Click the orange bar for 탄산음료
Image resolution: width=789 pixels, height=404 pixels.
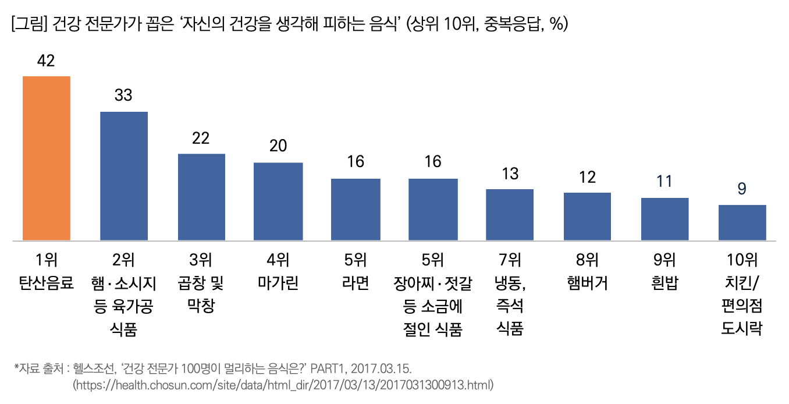click(46, 158)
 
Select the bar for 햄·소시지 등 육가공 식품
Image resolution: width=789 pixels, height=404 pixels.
click(124, 175)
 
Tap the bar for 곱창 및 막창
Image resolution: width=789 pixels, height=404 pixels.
click(201, 196)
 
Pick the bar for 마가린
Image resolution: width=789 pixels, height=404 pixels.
click(278, 201)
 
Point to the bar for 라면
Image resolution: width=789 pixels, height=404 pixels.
click(356, 209)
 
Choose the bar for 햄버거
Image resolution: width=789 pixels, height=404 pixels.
click(587, 216)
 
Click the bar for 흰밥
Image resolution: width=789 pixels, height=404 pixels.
click(664, 218)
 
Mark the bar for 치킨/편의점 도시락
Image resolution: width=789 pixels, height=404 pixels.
click(742, 222)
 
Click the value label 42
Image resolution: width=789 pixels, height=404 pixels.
click(45, 61)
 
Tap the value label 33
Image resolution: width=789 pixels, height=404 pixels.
click(123, 95)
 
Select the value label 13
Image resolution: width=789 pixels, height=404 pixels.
click(510, 173)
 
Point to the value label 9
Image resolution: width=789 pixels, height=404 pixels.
click(742, 189)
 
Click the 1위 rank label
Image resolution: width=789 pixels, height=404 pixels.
click(46, 260)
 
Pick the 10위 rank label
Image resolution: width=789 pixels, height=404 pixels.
click(742, 260)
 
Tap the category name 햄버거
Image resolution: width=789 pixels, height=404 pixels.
click(587, 283)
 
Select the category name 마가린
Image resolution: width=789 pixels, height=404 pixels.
click(278, 283)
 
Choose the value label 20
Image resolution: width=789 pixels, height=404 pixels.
click(278, 146)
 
